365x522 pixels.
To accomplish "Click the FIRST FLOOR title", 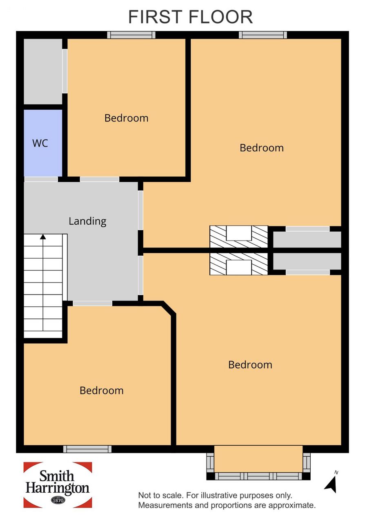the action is tap(190, 17).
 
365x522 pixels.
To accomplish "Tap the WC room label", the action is tap(40, 143).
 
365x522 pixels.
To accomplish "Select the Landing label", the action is tap(87, 221).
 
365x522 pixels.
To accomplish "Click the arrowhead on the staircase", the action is tap(43, 237).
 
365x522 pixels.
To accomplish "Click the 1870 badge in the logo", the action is tap(58, 500).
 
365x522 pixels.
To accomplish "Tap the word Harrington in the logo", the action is tap(58, 488).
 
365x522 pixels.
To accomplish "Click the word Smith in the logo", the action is tap(57, 476).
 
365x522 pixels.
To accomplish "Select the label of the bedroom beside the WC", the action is tap(126, 118).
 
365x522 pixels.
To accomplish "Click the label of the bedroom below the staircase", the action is tap(102, 391).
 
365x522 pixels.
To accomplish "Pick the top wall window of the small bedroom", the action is tap(131, 35).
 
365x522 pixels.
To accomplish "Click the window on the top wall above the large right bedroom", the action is tap(263, 35).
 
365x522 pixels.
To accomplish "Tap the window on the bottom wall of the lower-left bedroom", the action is tap(87, 449).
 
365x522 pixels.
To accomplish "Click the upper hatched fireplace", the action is tap(238, 237).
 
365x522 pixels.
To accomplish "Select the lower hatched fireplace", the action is tap(238, 264).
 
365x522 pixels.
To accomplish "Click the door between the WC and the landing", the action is tap(41, 179).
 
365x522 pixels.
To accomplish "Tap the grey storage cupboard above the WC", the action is tap(43, 71).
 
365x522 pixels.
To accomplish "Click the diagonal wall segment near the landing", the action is tap(169, 308).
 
